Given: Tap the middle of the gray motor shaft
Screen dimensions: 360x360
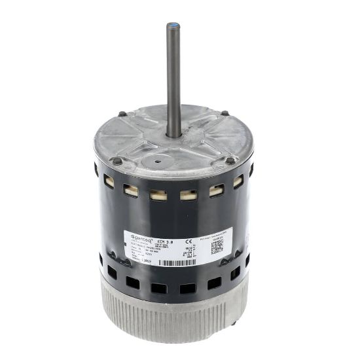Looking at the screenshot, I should [173, 79].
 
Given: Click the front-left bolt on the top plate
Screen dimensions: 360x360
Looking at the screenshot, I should [117, 161].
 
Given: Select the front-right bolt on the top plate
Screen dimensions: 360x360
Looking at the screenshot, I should [229, 160].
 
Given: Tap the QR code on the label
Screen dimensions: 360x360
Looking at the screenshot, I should [217, 246].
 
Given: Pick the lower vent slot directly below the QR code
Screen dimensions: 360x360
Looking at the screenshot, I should [214, 283].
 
